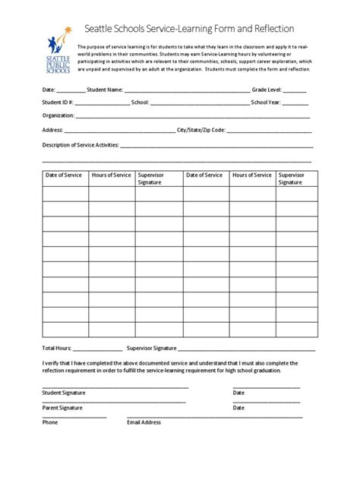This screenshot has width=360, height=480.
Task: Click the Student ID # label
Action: pos(56,102)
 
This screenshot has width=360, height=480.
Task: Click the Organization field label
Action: pos(58,115)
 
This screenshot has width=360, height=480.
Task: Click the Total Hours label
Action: pos(56,347)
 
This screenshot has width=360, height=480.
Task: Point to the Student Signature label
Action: pos(63,392)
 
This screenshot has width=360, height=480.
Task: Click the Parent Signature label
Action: pos(62,407)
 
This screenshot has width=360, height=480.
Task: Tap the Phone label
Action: pos(49,422)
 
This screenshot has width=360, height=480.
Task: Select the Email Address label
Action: pos(144,422)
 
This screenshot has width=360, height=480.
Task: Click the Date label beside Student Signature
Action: pos(238,392)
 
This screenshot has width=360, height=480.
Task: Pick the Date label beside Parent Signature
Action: pos(238,407)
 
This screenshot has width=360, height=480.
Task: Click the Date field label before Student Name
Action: pos(48,89)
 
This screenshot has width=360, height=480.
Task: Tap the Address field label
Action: pos(52,129)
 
